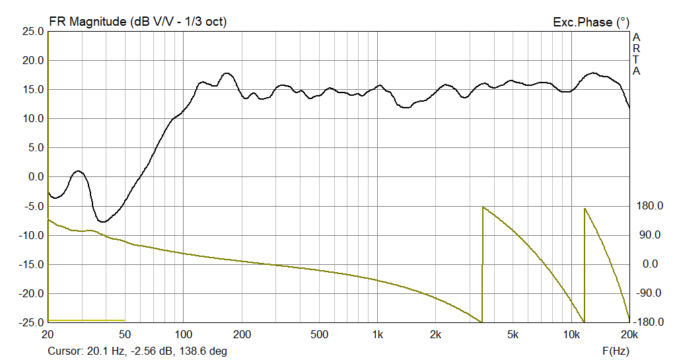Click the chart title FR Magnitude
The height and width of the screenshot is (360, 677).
tap(137, 21)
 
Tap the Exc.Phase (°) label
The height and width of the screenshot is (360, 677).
tap(591, 22)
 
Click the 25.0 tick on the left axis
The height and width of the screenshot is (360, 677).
tap(32, 32)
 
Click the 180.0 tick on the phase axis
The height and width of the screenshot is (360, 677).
tap(649, 206)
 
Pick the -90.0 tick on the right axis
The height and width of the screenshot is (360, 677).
tap(649, 293)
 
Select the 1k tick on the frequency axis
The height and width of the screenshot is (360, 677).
tap(377, 334)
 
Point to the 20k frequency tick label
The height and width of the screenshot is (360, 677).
tap(629, 334)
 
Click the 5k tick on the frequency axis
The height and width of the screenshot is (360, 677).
tap(513, 334)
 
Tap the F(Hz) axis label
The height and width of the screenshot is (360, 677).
tap(616, 351)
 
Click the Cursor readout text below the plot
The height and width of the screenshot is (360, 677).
tap(137, 351)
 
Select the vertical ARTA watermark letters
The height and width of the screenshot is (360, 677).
tap(636, 54)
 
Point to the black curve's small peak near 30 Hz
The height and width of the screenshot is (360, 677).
tap(78, 171)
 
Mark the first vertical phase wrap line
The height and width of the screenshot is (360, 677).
tap(483, 264)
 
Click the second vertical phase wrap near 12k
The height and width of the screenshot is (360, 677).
tap(585, 264)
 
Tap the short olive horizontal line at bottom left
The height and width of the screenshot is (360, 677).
tap(86, 320)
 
